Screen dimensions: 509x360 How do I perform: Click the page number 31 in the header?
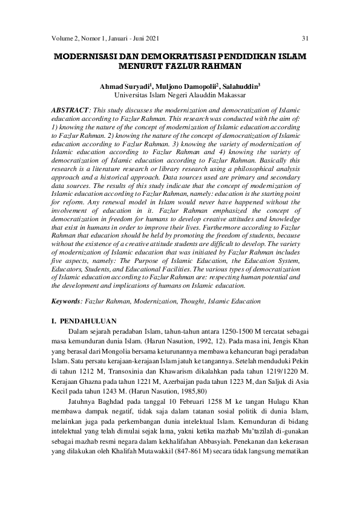(305, 39)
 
